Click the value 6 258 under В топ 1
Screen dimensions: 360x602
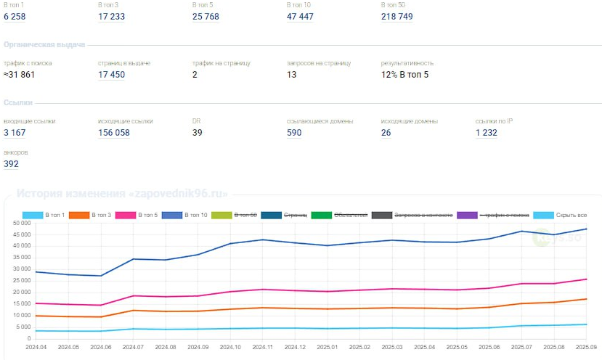click(x=15, y=17)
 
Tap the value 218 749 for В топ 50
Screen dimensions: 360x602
click(x=396, y=17)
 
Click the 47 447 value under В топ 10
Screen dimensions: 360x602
click(x=300, y=17)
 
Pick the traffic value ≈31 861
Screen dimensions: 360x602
click(x=20, y=75)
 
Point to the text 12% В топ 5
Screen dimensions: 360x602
click(x=404, y=75)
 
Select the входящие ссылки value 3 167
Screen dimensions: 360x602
click(x=15, y=133)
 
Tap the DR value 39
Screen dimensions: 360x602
click(x=198, y=133)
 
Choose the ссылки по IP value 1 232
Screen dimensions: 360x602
click(x=487, y=133)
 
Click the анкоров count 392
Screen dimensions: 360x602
click(x=11, y=164)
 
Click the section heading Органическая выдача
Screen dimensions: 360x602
click(x=44, y=45)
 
